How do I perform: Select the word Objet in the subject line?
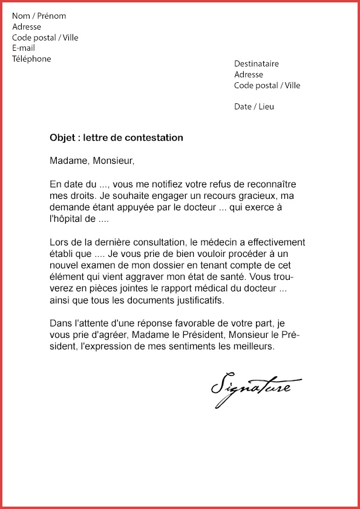coord(62,138)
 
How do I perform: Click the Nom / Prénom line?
coord(39,16)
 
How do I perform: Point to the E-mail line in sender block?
coord(24,48)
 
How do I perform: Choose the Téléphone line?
coord(31,59)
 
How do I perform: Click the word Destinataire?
coord(257,63)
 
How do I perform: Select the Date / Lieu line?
coord(254,106)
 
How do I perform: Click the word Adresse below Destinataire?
coord(249,74)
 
